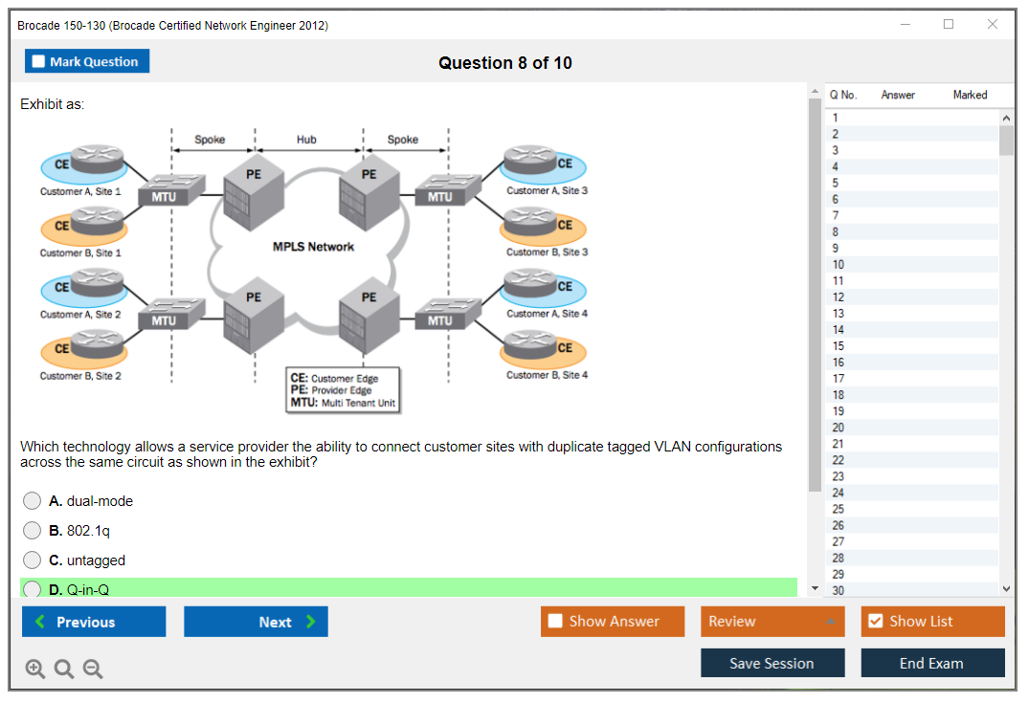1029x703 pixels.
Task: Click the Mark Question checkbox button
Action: tap(87, 61)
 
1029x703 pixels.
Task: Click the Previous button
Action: tap(94, 622)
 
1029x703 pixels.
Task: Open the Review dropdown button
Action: tap(772, 622)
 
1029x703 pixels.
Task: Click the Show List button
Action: tap(932, 622)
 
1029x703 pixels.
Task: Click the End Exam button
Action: tap(932, 663)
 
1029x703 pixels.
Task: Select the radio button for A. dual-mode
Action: tap(33, 501)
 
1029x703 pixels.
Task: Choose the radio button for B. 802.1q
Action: tap(33, 531)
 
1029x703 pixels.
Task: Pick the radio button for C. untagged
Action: tap(33, 560)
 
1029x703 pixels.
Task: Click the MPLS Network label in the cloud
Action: tap(313, 247)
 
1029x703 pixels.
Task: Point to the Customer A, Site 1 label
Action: tap(80, 191)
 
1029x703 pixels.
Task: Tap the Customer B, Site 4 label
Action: tap(547, 375)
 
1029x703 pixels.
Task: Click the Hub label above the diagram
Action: tap(306, 140)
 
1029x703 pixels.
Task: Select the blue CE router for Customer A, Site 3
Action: tap(542, 163)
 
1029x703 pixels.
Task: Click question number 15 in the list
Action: tap(839, 346)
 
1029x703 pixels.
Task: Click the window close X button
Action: tap(993, 25)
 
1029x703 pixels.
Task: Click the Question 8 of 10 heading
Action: tap(505, 63)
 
